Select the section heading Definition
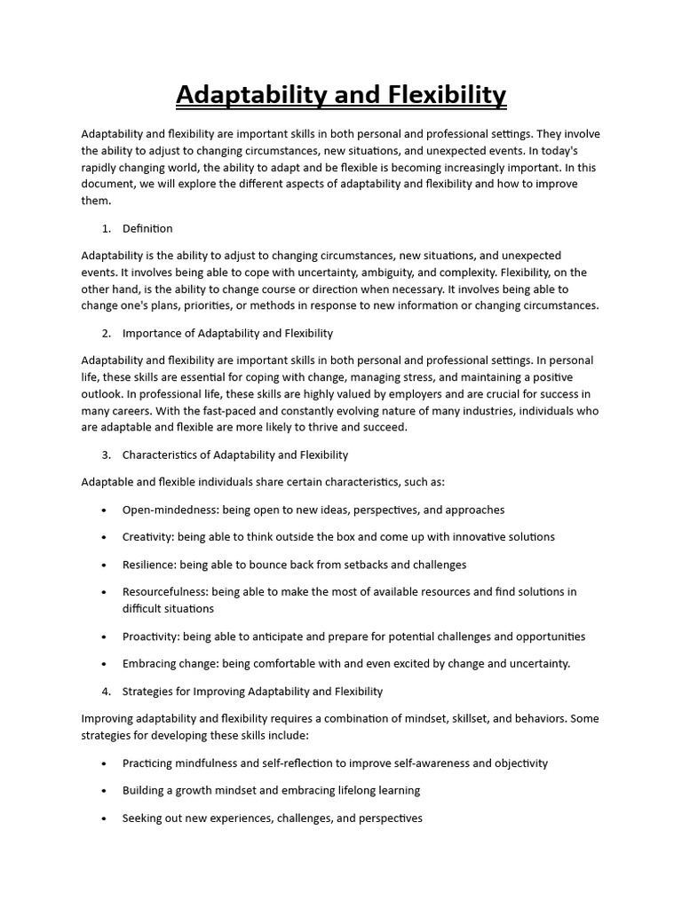pyautogui.click(x=147, y=228)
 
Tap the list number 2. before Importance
pyautogui.click(x=106, y=333)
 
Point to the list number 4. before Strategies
pyautogui.click(x=106, y=691)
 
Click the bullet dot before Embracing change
pyautogui.click(x=104, y=664)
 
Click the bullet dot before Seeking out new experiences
pyautogui.click(x=104, y=818)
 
